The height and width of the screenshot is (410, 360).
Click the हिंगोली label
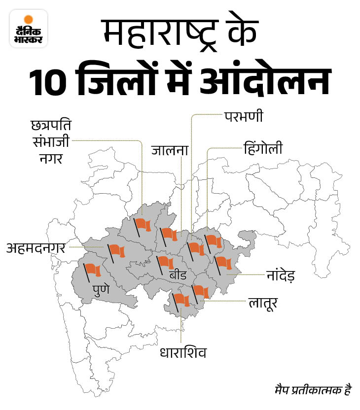click(263, 148)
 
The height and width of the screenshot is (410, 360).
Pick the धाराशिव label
click(182, 353)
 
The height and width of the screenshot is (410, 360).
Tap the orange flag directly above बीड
click(166, 262)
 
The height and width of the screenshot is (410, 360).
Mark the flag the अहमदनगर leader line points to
click(117, 250)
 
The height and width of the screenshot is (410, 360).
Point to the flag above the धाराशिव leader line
click(181, 299)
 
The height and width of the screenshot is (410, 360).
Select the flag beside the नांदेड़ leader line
click(223, 263)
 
